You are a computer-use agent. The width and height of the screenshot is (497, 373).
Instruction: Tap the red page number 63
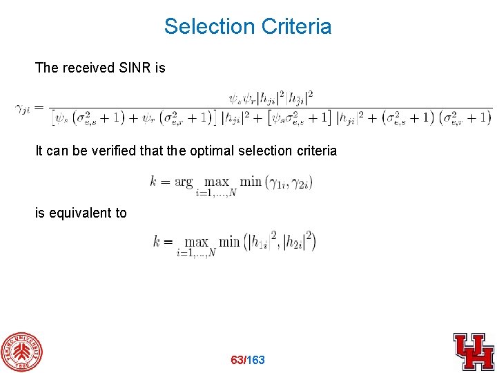[x=237, y=360]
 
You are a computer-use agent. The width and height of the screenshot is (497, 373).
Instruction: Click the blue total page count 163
[x=255, y=360]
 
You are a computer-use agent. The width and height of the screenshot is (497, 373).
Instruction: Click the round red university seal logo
[x=21, y=352]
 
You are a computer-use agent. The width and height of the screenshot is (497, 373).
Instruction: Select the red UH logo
[x=474, y=351]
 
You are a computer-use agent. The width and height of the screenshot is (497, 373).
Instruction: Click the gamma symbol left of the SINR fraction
[x=23, y=108]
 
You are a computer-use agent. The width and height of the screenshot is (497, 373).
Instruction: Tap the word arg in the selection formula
[x=184, y=182]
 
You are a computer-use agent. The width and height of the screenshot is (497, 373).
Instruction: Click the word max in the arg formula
[x=216, y=182]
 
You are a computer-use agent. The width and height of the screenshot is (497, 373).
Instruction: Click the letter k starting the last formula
[x=157, y=242]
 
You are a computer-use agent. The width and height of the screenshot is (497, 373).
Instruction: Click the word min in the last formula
[x=229, y=242]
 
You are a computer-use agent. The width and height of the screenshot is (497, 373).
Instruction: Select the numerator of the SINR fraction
[x=273, y=96]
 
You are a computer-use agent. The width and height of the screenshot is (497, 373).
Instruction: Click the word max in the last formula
[x=197, y=242]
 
